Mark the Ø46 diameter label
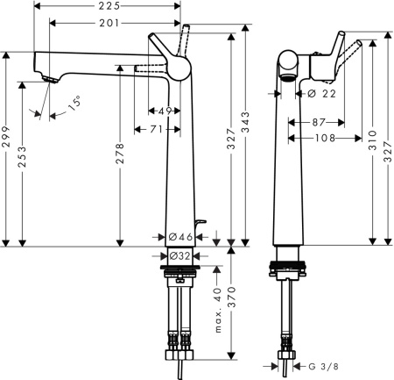(x=179, y=236)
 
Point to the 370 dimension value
(x=230, y=303)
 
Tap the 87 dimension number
(x=319, y=122)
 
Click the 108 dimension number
(x=325, y=137)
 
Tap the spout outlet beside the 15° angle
(x=49, y=81)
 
